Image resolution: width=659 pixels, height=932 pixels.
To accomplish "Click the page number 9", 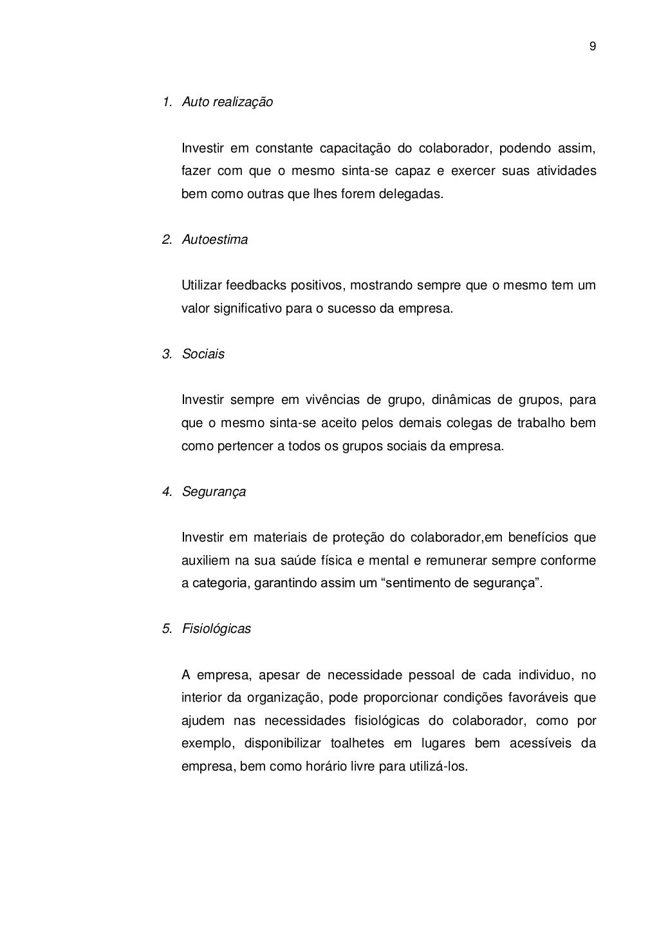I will [592, 46].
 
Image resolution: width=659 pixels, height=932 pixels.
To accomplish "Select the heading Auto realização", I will [227, 102].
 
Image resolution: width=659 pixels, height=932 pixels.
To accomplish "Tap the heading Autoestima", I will [214, 240].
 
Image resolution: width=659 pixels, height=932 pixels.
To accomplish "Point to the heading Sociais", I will [203, 354].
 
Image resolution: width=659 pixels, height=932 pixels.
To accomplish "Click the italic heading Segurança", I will [214, 492].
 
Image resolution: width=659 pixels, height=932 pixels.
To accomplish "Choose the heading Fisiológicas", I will [216, 629].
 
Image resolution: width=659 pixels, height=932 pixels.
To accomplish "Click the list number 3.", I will [167, 354].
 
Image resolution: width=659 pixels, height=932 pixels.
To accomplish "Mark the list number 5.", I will [167, 629].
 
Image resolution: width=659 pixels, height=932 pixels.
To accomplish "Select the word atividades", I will [566, 172].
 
